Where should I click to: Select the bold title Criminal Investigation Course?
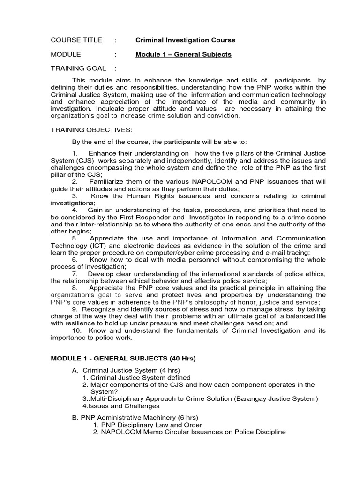(x=185, y=40)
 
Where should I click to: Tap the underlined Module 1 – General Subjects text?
(x=183, y=54)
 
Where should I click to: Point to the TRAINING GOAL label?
(x=78, y=68)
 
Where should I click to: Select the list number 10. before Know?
(x=77, y=330)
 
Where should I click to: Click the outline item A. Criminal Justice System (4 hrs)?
(x=123, y=370)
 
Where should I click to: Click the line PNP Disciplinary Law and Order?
(x=142, y=425)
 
